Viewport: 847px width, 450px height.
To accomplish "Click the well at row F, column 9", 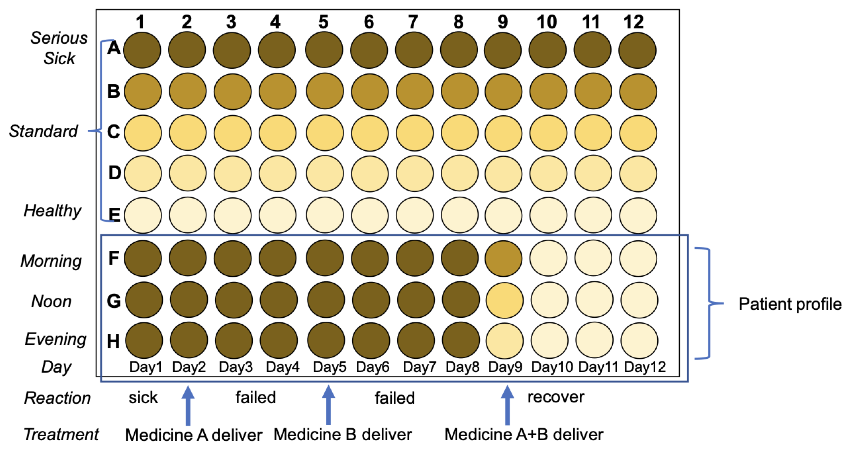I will (x=503, y=258).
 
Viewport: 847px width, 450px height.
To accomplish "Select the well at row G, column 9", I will (x=504, y=300).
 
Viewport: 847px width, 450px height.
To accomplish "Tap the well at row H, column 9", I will (x=504, y=340).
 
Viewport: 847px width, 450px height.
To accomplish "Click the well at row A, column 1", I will (x=142, y=50).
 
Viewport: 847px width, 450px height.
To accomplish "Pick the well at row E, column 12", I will (x=638, y=215).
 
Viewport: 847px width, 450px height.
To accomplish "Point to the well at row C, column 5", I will (x=325, y=132).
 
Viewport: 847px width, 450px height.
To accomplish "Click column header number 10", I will (x=547, y=22).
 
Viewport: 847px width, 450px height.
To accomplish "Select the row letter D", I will (x=114, y=173).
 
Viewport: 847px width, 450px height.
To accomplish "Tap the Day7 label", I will (x=419, y=367).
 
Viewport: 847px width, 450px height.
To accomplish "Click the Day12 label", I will (x=645, y=367).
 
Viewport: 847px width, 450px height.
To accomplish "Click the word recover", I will (x=556, y=397).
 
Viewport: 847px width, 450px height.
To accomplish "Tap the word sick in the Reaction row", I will (x=143, y=397).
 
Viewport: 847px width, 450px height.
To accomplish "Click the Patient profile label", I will (x=790, y=304).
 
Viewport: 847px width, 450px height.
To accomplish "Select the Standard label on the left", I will (x=43, y=131).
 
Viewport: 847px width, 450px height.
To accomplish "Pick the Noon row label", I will (x=51, y=301).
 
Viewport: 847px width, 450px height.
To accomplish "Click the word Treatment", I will (x=61, y=434).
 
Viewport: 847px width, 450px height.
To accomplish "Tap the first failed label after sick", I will (x=255, y=397).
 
